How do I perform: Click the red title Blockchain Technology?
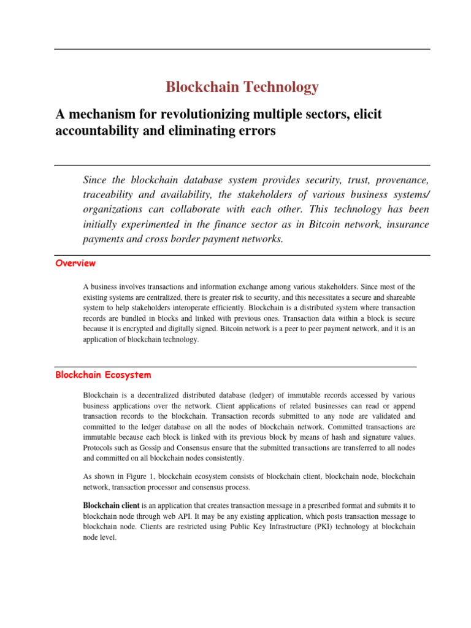(x=242, y=87)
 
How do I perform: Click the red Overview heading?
(x=75, y=263)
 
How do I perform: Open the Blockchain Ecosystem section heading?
(x=103, y=374)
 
